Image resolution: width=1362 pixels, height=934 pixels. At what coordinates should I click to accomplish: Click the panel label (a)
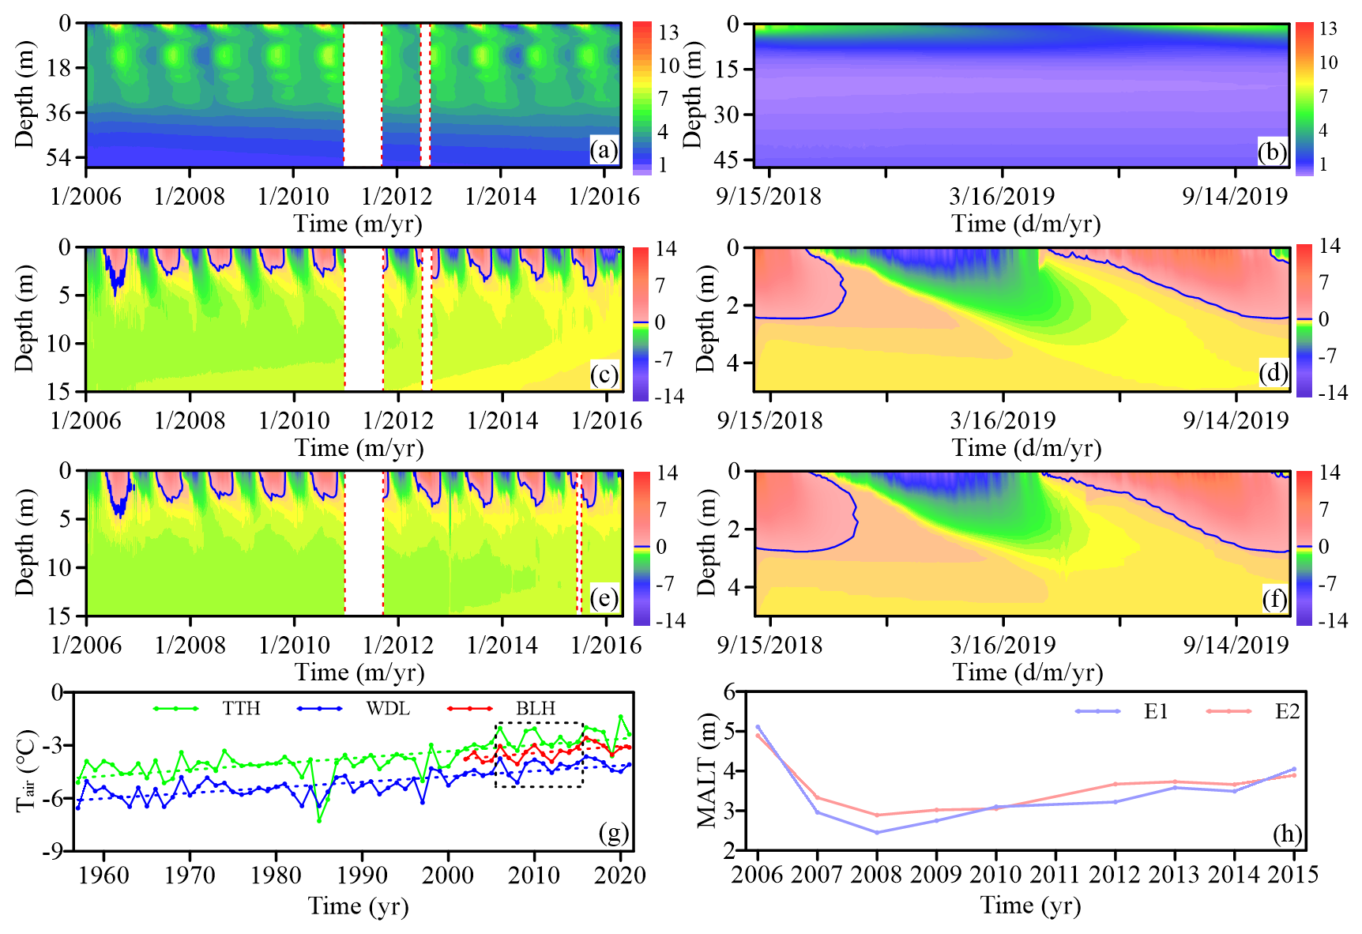(604, 150)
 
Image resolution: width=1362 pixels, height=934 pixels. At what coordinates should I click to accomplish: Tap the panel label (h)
(1287, 834)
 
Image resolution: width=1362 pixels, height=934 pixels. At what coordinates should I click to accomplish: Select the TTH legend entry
(241, 708)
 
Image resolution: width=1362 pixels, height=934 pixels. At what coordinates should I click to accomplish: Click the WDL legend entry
(388, 708)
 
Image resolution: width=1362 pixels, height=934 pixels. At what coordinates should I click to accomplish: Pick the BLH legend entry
(536, 708)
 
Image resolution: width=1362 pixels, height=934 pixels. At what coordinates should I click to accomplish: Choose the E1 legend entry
(1155, 711)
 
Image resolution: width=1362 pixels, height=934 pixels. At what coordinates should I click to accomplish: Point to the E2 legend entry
(1287, 711)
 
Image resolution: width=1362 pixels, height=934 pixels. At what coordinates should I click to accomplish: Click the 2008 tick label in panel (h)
(877, 875)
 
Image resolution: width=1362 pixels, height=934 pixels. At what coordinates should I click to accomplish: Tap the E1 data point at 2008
(877, 832)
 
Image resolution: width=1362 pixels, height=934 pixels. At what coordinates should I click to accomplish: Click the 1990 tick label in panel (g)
(362, 876)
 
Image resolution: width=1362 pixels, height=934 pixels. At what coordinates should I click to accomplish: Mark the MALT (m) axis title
(707, 770)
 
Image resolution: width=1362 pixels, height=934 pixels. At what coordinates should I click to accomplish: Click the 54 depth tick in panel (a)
(58, 157)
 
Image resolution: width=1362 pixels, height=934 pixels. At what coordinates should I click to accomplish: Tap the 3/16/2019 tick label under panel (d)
(1003, 420)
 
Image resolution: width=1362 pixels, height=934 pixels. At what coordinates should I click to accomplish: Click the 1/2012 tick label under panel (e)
(398, 645)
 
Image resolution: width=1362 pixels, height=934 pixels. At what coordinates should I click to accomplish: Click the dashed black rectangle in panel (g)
(540, 724)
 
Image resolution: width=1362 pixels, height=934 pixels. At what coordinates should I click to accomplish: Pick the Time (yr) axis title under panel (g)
(358, 906)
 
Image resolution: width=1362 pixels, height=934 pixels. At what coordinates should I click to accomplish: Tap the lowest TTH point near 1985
(319, 820)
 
